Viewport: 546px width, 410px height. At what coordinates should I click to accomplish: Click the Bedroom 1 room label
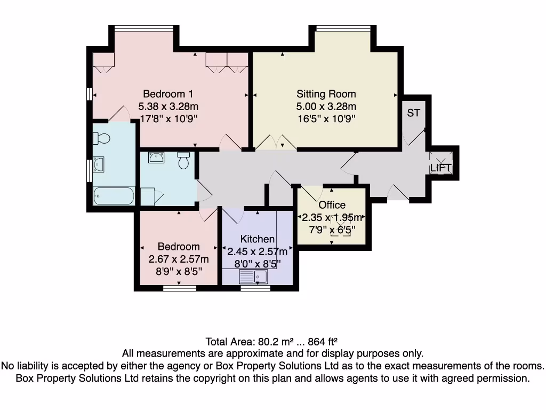pyautogui.click(x=164, y=94)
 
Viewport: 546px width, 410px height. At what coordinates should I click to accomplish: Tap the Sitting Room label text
pyautogui.click(x=326, y=94)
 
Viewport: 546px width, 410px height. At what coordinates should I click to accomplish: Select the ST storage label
pyautogui.click(x=413, y=113)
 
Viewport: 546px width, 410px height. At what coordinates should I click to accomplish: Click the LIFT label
pyautogui.click(x=441, y=168)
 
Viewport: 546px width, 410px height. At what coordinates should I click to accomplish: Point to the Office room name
pyautogui.click(x=332, y=205)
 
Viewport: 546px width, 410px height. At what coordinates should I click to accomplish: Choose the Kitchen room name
pyautogui.click(x=258, y=239)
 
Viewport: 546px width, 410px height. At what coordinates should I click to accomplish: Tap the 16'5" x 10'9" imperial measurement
pyautogui.click(x=326, y=119)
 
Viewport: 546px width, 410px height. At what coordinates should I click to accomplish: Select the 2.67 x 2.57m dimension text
pyautogui.click(x=179, y=259)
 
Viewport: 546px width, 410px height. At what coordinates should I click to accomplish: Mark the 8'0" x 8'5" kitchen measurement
pyautogui.click(x=258, y=263)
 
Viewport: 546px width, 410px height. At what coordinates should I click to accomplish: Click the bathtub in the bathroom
pyautogui.click(x=114, y=196)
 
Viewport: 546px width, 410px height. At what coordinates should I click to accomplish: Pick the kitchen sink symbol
pyautogui.click(x=254, y=277)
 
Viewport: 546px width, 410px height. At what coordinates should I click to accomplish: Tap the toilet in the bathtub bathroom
pyautogui.click(x=101, y=139)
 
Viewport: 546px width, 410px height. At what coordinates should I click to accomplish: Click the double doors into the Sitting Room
pyautogui.click(x=276, y=143)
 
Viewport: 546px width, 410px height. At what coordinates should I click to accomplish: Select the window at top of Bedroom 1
pyautogui.click(x=143, y=28)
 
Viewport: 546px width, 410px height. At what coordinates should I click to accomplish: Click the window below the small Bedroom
pyautogui.click(x=179, y=288)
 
